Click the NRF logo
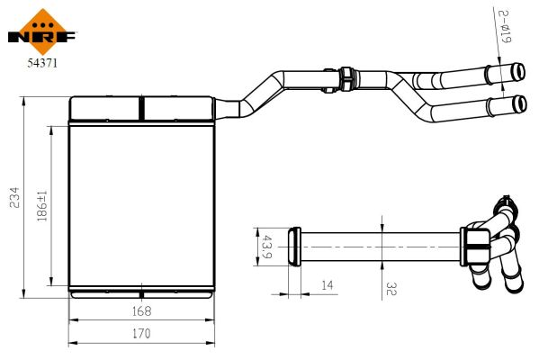click(x=42, y=32)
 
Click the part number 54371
click(x=42, y=63)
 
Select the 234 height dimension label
click(x=14, y=197)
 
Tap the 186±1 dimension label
click(x=42, y=206)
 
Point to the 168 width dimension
click(x=141, y=311)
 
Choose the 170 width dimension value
click(x=141, y=334)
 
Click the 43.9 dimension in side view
click(x=266, y=247)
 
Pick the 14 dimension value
click(x=328, y=285)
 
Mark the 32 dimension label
click(x=391, y=289)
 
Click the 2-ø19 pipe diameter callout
click(x=505, y=26)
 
